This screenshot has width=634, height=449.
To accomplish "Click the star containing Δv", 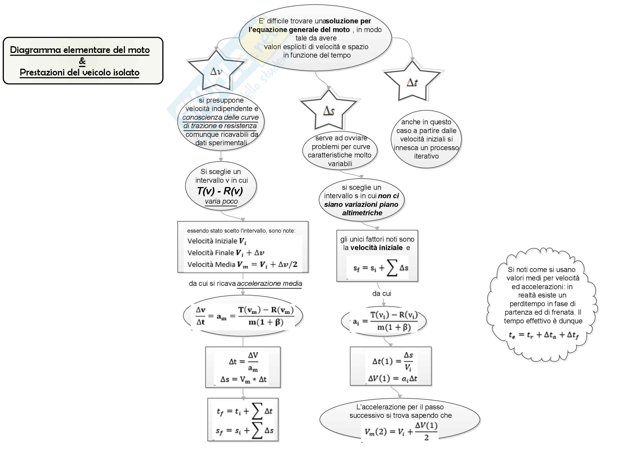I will pos(216,71).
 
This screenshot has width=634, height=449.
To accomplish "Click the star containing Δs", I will pos(329,110).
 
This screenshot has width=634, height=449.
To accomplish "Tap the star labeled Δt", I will pos(412,82).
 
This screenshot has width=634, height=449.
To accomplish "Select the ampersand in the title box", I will pos(82,61).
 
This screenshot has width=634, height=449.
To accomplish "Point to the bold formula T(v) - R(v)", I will pos(220,191).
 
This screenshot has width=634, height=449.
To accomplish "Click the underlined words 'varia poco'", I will pos(221,201).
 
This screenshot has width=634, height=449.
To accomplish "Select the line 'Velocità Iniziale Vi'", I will pos(217,241).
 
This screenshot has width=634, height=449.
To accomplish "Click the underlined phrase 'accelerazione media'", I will pos(269,284).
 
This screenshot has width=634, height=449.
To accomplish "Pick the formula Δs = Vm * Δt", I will pos(243,379).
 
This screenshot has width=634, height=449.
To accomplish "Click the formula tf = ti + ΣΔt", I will pos(245,411).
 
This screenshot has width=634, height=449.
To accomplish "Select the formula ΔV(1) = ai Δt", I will pos(392,378).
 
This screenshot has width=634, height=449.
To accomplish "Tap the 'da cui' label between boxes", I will pos(382,294).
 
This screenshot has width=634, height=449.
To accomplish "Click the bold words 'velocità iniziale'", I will pos(376,248).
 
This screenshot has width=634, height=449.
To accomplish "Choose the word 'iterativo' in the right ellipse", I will pos(426,156).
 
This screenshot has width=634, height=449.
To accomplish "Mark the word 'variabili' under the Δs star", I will pos(340,164).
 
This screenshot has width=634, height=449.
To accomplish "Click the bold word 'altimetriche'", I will pos(362,213).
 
